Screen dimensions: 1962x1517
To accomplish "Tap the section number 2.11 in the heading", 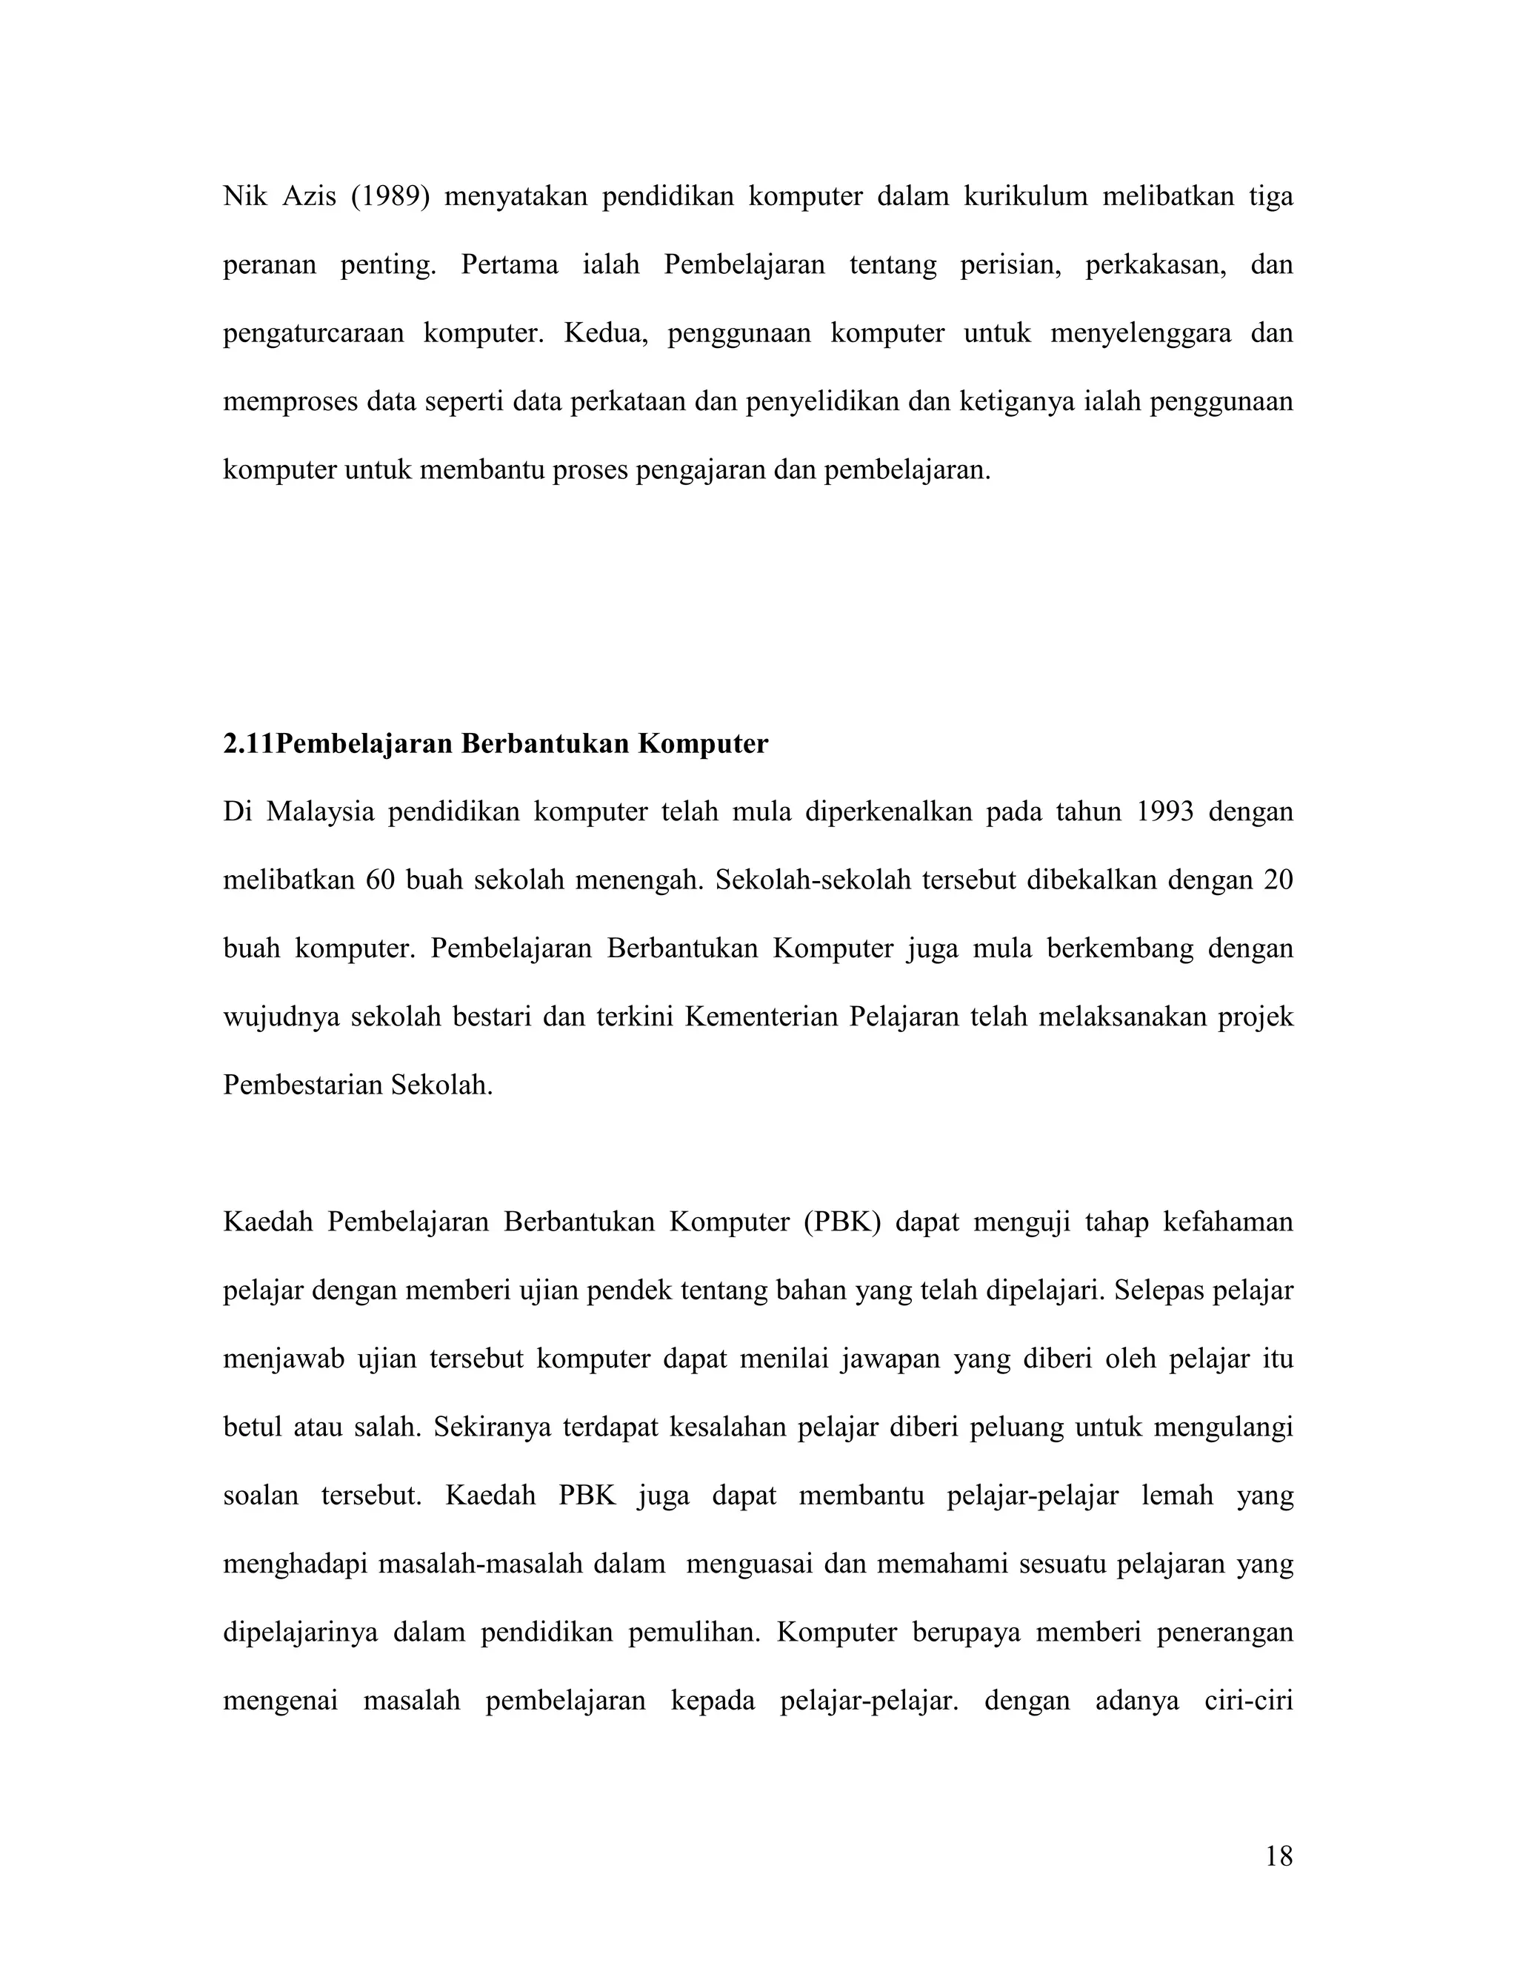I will tap(249, 744).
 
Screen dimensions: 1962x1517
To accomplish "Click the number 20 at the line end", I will tap(1277, 880).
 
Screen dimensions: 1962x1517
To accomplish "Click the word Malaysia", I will tap(320, 812).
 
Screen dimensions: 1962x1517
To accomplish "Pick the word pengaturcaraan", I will tap(313, 333).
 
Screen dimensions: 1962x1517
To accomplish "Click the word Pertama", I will tap(509, 265).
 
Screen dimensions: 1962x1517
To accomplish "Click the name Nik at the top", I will tap(244, 196).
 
